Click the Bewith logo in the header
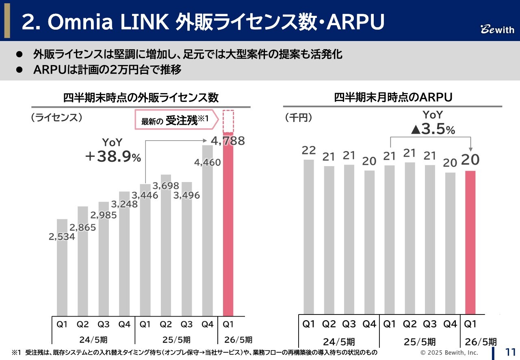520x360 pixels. (498, 29)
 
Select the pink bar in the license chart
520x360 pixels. (228, 223)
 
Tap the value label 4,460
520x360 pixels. (207, 163)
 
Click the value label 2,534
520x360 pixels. (62, 236)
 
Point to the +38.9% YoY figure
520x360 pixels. (113, 157)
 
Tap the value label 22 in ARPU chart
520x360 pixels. (309, 150)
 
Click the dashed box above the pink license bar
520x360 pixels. (228, 121)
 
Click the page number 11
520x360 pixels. (510, 352)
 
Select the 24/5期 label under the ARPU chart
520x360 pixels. (339, 341)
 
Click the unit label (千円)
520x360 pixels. (299, 118)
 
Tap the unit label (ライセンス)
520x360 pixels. (56, 118)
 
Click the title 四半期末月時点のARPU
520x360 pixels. (393, 98)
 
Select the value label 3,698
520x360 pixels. (166, 186)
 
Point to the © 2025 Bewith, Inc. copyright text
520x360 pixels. (449, 352)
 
